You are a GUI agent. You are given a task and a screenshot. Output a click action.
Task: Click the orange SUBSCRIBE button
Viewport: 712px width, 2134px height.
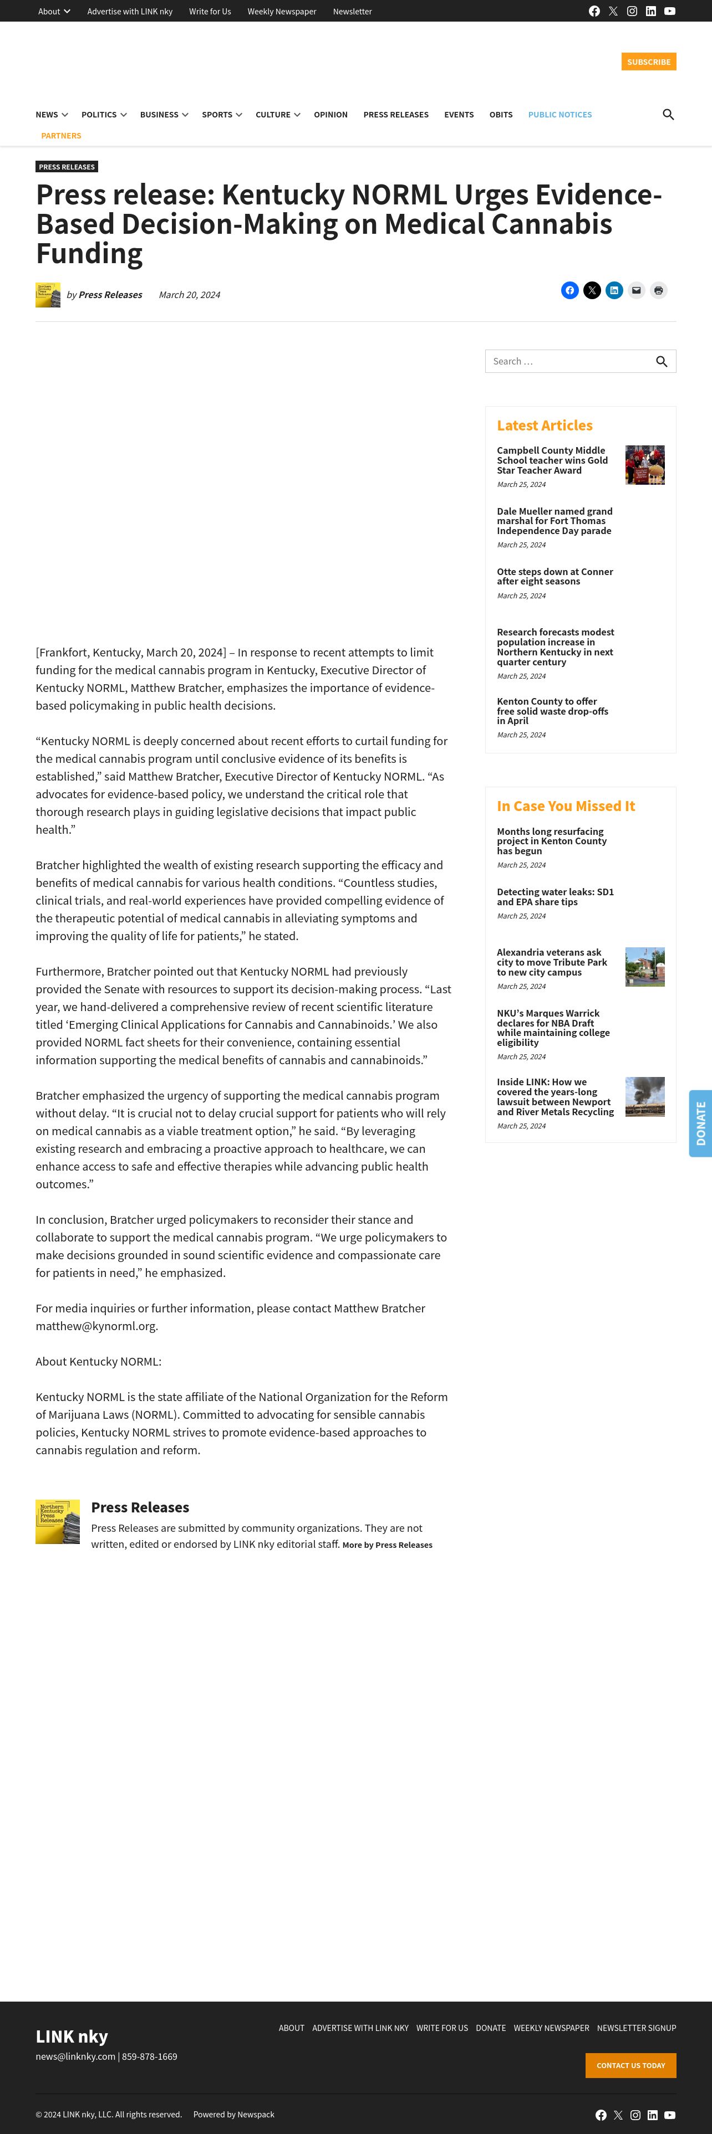648,62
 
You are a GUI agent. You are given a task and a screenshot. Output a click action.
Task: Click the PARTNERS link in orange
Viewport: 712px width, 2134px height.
62,136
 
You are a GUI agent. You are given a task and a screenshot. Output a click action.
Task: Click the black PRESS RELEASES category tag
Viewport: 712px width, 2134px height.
67,167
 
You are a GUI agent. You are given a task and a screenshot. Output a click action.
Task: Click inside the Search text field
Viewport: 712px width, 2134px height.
568,361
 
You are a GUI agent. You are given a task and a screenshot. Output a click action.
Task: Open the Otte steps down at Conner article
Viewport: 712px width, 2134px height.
555,577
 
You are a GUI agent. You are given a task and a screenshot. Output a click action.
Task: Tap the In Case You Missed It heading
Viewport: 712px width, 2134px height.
565,806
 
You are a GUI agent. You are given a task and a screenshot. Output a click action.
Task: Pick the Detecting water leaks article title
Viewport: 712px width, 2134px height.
555,897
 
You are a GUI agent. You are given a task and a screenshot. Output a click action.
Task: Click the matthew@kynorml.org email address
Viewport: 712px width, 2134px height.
96,1326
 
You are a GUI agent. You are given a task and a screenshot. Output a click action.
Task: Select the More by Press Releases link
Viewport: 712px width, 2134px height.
387,1545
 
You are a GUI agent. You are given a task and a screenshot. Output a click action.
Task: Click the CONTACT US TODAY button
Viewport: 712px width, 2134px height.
630,2065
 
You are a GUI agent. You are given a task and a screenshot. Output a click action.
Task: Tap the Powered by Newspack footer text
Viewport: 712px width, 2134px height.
234,2114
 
